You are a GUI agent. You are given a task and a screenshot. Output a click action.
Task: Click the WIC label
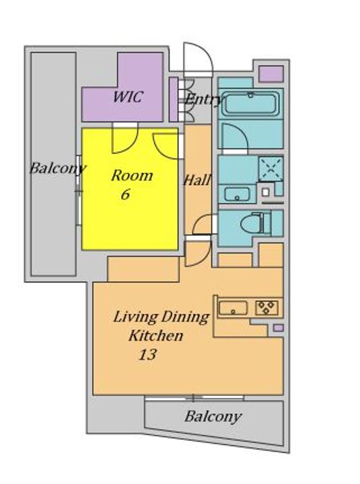pyautogui.click(x=128, y=97)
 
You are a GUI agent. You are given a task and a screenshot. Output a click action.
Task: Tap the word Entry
pyautogui.click(x=203, y=99)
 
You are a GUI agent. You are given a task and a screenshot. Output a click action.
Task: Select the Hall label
pyautogui.click(x=197, y=179)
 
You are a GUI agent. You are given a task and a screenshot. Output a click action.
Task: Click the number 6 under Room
pyautogui.click(x=125, y=194)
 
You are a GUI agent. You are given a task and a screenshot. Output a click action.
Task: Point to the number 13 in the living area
pyautogui.click(x=147, y=354)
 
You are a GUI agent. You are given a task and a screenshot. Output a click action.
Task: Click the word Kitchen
pyautogui.click(x=156, y=335)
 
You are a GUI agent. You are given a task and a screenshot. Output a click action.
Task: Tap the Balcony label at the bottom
pyautogui.click(x=213, y=417)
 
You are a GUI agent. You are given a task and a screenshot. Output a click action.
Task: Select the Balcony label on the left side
pyautogui.click(x=57, y=169)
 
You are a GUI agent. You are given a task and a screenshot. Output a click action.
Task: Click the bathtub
pyautogui.click(x=250, y=104)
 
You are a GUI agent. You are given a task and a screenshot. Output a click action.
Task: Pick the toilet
pyautogui.click(x=256, y=223)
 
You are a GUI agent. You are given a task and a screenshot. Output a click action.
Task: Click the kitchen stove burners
pyautogui.click(x=266, y=308)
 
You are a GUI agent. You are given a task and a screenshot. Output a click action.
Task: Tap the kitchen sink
pyautogui.click(x=233, y=309)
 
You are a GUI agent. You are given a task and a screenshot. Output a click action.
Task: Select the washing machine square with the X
pyautogui.click(x=271, y=169)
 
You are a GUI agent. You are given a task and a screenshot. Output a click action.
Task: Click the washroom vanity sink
pyautogui.click(x=237, y=194)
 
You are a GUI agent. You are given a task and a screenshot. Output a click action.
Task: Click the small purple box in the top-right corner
pyautogui.click(x=271, y=74)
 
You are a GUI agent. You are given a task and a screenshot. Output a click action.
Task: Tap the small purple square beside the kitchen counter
pyautogui.click(x=279, y=328)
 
